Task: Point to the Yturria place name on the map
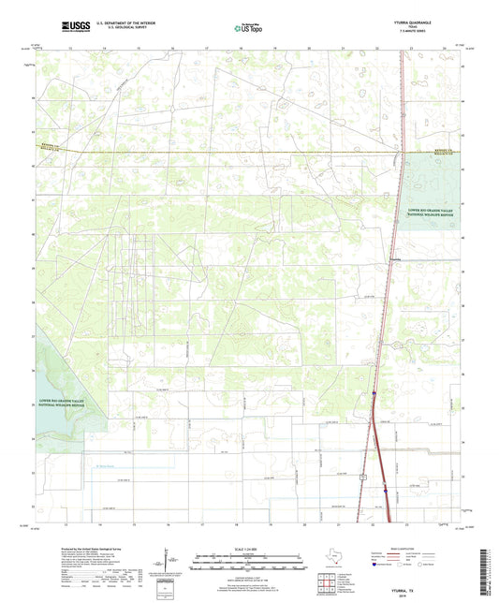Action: pyautogui.click(x=395, y=259)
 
